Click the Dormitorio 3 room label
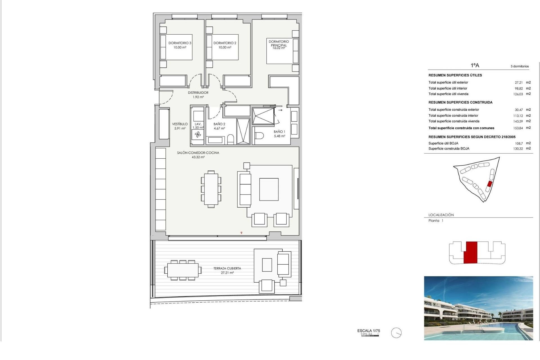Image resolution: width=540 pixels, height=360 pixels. [x=180, y=43]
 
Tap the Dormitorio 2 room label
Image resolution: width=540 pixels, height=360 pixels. [x=225, y=43]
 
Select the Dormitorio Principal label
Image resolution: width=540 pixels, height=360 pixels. [x=278, y=43]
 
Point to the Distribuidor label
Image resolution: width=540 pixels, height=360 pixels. [x=198, y=93]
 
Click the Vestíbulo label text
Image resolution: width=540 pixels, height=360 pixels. [x=180, y=124]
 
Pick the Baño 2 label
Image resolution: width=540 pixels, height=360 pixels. [x=219, y=124]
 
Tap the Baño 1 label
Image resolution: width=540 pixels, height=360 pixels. [x=279, y=132]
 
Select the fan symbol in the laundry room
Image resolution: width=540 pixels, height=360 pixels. [x=198, y=135]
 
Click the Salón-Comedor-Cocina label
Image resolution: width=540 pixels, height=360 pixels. [x=198, y=153]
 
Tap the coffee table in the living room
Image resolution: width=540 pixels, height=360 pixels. [x=269, y=189]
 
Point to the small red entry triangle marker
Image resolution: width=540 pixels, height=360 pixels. [x=241, y=233]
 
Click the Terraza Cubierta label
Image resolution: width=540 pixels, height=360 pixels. [x=227, y=268]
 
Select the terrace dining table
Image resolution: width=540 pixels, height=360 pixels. [x=183, y=270]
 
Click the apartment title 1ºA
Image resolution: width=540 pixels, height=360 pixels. [x=475, y=66]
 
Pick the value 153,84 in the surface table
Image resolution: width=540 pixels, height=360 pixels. [x=518, y=128]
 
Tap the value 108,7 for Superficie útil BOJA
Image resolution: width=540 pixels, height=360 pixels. [x=519, y=143]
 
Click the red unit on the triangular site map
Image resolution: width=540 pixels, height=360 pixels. [x=489, y=184]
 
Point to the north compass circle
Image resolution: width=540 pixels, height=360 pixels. [x=396, y=333]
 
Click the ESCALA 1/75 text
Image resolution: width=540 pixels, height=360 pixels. [x=368, y=331]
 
